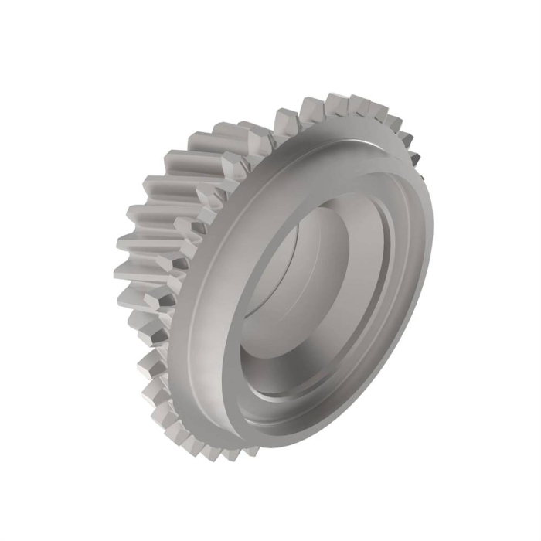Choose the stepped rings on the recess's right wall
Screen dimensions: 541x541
[390, 255]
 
